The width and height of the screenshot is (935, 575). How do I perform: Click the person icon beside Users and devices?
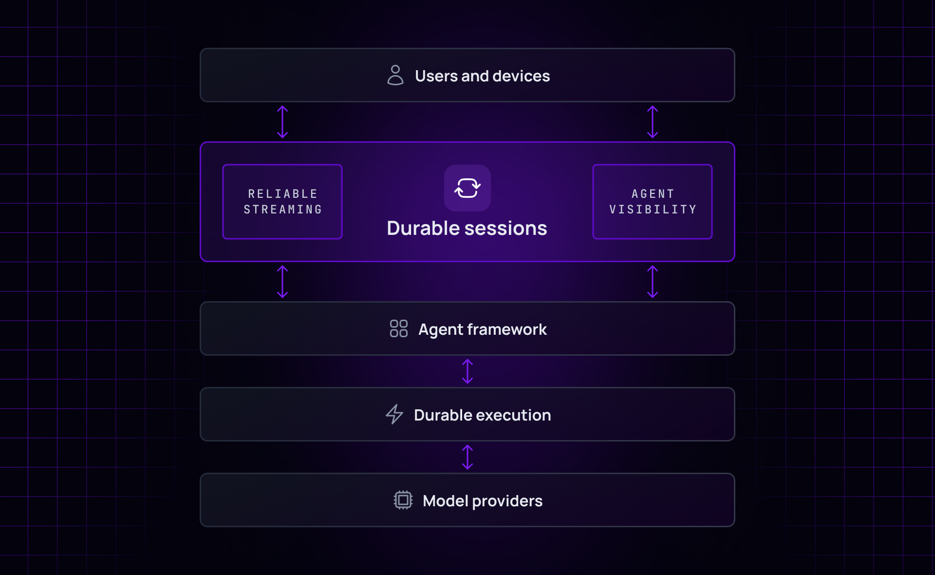click(395, 76)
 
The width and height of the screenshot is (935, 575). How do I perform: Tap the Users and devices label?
click(482, 76)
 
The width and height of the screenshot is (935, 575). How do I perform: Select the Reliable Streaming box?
click(282, 202)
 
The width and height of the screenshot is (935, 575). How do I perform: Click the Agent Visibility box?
click(653, 202)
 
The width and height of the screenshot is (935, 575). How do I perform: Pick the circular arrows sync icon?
click(467, 188)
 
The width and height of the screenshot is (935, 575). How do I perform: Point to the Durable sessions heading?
click(467, 228)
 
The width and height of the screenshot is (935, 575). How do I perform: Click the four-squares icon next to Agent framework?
click(398, 329)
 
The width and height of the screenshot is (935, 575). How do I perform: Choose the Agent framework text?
click(482, 329)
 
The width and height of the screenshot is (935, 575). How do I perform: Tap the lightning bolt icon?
click(394, 414)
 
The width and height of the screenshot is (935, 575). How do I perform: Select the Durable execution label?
click(482, 415)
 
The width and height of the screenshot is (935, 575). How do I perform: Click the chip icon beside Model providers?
click(403, 500)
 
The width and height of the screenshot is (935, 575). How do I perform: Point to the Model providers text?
click(482, 501)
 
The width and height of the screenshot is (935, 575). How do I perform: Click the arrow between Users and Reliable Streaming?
click(282, 122)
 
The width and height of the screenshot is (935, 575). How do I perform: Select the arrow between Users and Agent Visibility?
click(653, 122)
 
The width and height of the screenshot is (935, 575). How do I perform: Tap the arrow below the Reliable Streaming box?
click(282, 282)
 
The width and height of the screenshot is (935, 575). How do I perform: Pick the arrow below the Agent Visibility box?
click(653, 282)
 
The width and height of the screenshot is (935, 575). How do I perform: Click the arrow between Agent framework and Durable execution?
click(467, 371)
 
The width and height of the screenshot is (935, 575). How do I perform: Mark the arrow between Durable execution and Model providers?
click(467, 457)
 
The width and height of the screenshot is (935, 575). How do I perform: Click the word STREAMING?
click(282, 210)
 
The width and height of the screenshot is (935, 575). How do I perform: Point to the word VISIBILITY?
click(653, 210)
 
